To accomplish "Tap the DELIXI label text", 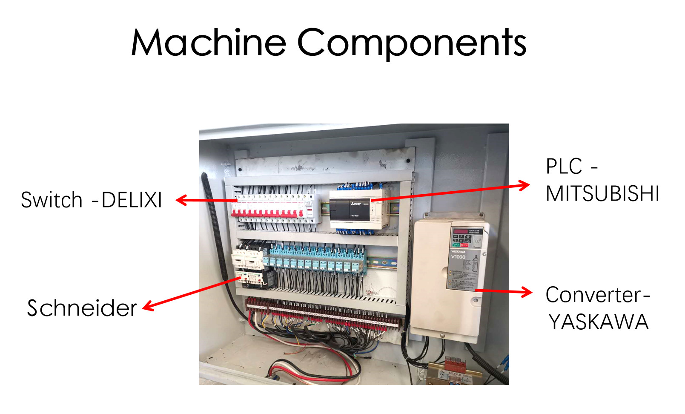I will click(x=132, y=200).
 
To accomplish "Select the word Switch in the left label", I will click(x=52, y=200).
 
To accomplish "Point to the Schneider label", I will click(x=82, y=308).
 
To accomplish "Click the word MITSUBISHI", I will click(x=602, y=194).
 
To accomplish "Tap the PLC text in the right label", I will click(x=564, y=167).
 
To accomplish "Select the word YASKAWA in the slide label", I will click(x=598, y=322).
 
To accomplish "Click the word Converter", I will click(x=593, y=295).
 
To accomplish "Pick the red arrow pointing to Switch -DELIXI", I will click(x=206, y=200).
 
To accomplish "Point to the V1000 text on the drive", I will click(x=458, y=257).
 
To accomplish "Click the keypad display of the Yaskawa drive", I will click(x=461, y=232).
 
